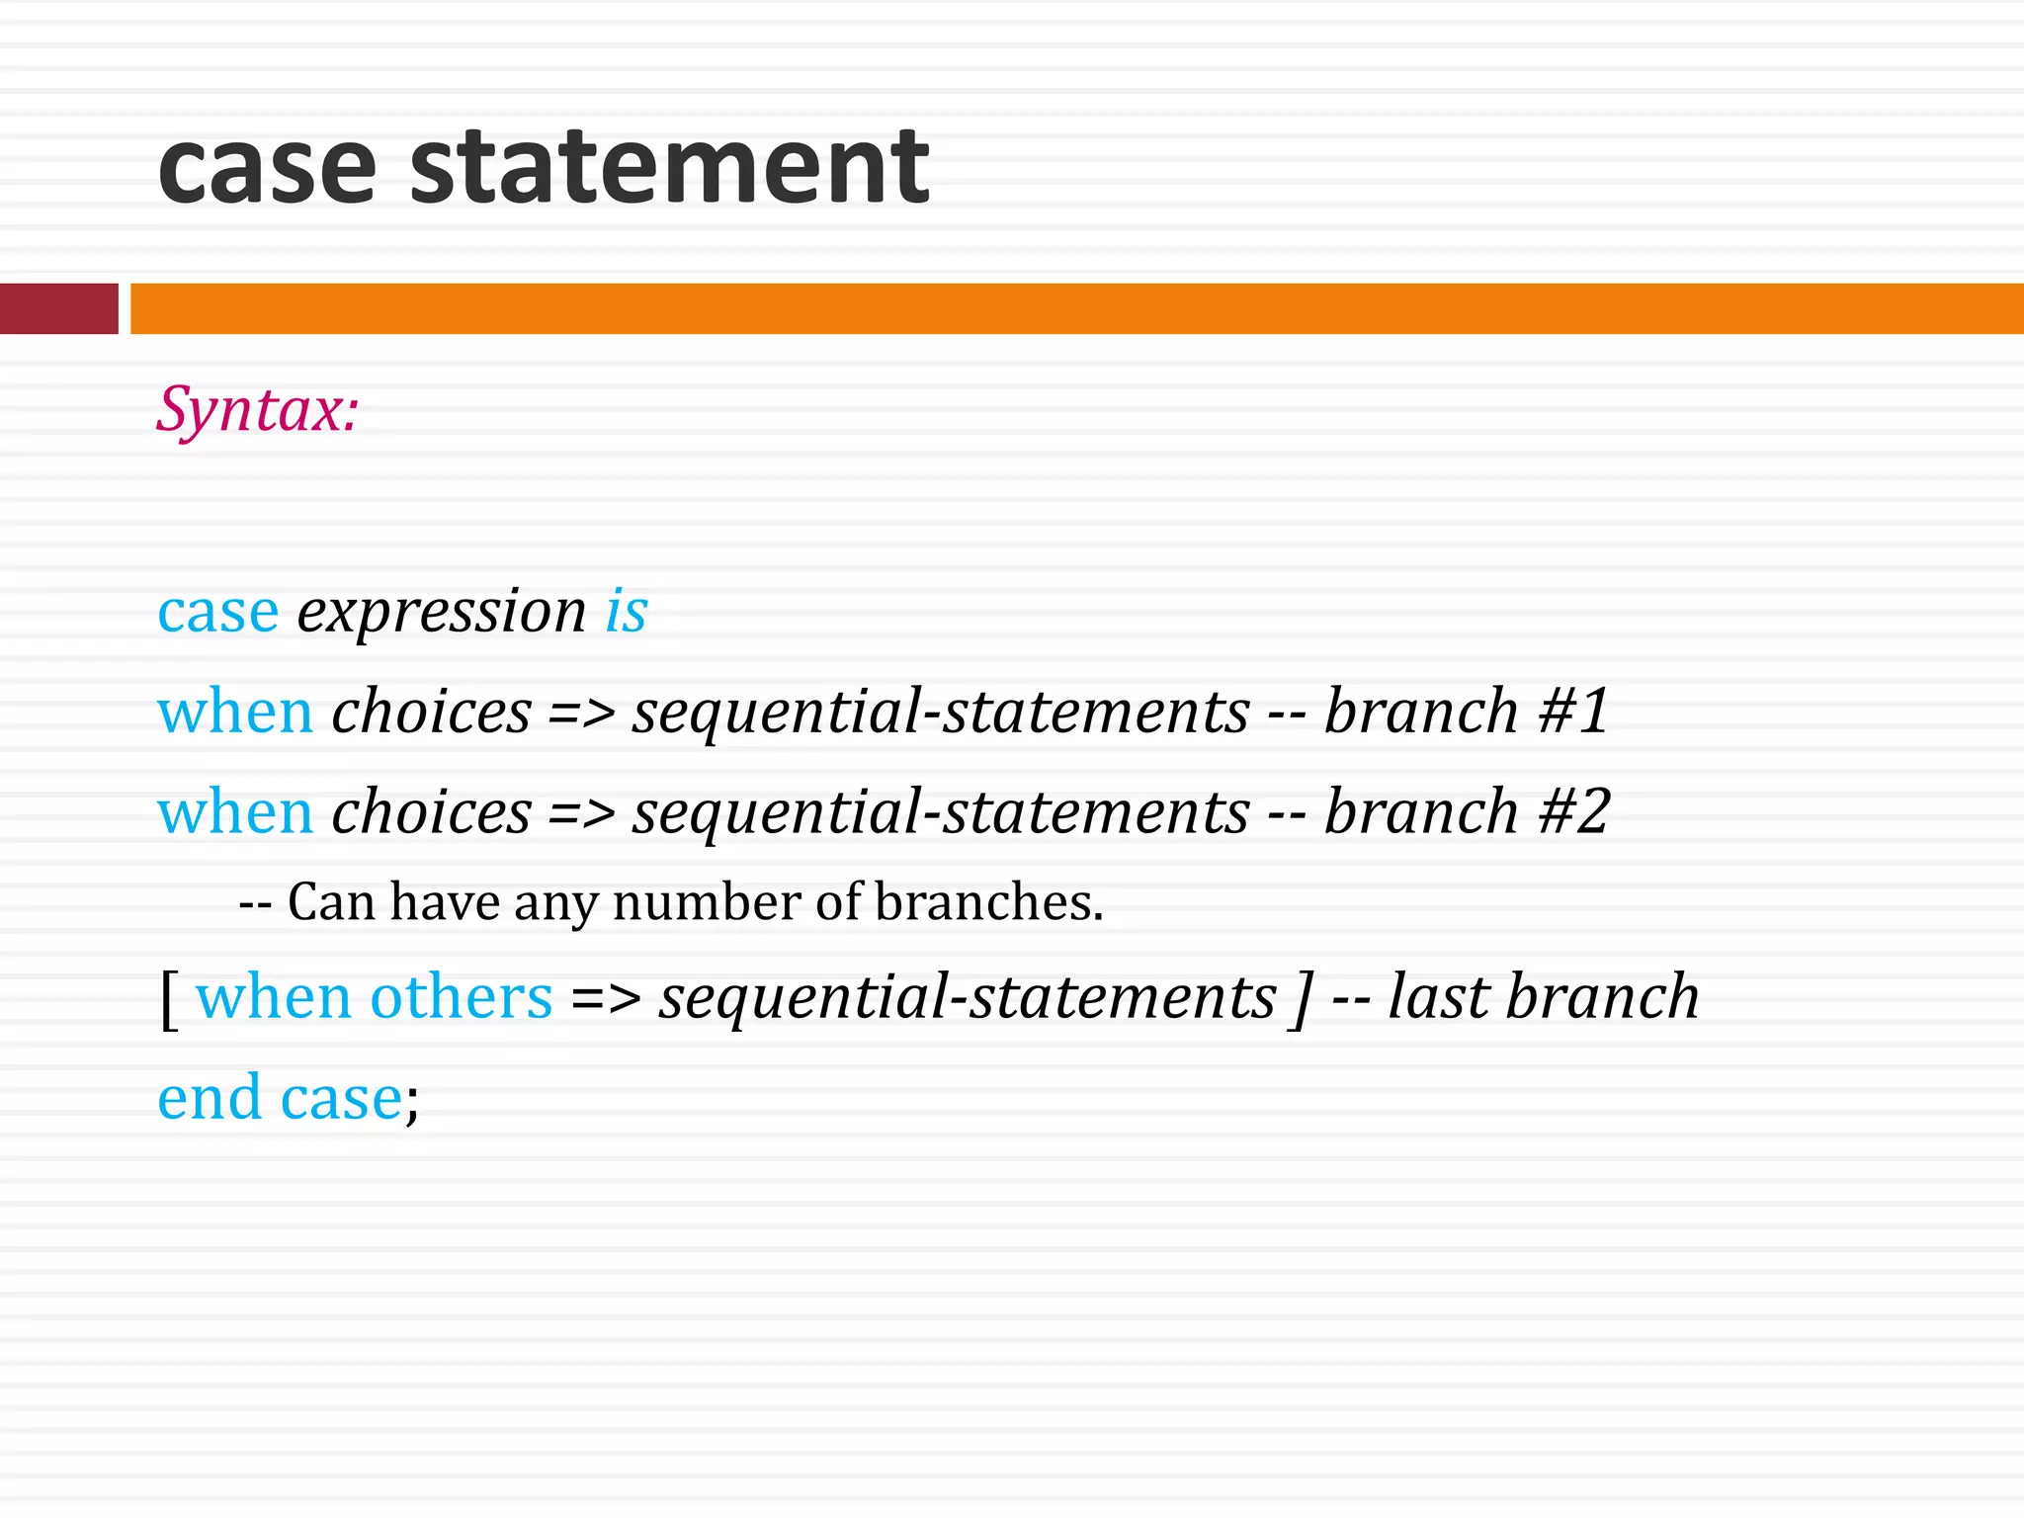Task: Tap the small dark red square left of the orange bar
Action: [x=58, y=308]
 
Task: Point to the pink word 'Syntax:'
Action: [x=257, y=409]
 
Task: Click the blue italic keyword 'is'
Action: [x=627, y=611]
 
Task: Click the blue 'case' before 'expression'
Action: [x=218, y=613]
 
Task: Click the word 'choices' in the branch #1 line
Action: [x=431, y=714]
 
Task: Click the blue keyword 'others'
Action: [x=461, y=998]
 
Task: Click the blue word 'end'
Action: [x=209, y=1099]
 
